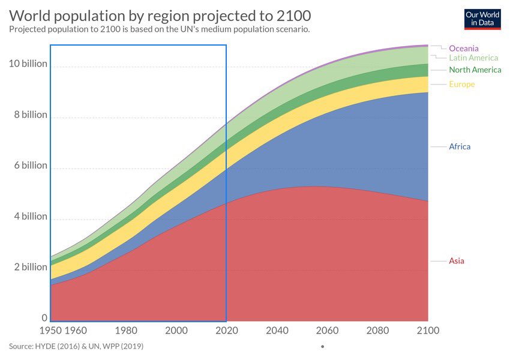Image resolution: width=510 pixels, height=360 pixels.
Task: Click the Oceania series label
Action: (x=464, y=48)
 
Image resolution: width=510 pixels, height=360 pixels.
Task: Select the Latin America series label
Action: (x=473, y=58)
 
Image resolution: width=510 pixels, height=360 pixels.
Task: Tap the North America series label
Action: (x=475, y=70)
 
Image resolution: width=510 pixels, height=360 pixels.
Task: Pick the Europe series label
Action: (x=461, y=85)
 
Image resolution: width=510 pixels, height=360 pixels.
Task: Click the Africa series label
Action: (x=460, y=147)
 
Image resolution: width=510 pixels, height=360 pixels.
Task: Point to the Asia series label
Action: (x=457, y=261)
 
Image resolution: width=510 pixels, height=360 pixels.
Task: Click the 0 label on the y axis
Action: (x=44, y=318)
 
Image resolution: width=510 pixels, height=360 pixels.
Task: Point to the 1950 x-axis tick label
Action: (x=50, y=331)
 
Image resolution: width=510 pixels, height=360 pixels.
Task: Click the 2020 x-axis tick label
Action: (x=226, y=331)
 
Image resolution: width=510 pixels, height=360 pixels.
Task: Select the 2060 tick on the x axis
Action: (x=327, y=331)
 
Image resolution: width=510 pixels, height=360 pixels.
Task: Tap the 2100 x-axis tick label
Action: (x=428, y=331)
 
